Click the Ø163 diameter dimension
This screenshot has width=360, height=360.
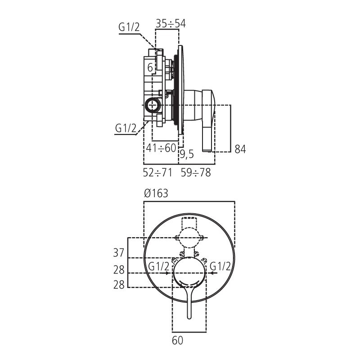click(156, 193)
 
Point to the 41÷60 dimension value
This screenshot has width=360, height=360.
click(161, 148)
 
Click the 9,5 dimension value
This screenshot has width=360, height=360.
click(187, 155)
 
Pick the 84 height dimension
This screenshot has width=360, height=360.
click(240, 149)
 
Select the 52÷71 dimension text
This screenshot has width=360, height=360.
click(157, 172)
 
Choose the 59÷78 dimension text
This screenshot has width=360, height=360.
click(196, 172)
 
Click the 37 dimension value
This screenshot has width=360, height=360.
click(118, 253)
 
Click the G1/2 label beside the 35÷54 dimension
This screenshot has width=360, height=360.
click(129, 27)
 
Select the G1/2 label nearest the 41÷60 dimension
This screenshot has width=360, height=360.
click(126, 128)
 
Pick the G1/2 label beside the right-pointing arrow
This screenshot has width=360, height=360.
click(159, 266)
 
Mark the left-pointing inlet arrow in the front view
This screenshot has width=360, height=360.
click(213, 273)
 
